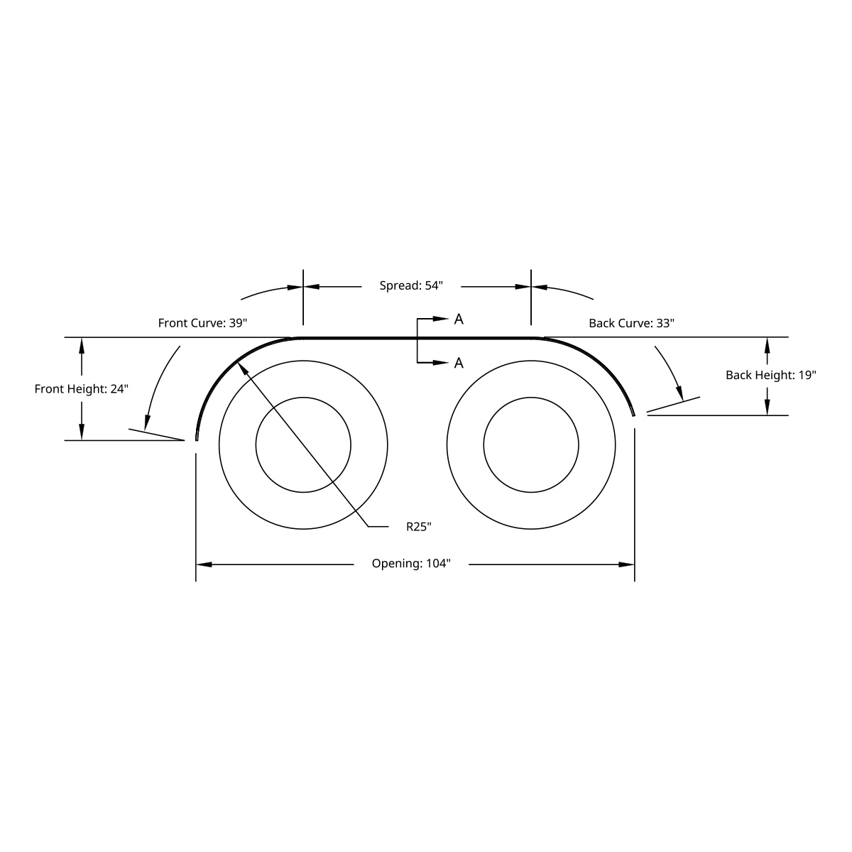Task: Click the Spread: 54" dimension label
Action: click(x=411, y=285)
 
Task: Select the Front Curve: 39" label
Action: click(x=202, y=323)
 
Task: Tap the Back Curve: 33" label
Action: click(x=631, y=323)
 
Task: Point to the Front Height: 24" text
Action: click(x=81, y=389)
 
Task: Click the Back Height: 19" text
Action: click(x=770, y=375)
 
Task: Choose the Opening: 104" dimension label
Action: click(x=411, y=564)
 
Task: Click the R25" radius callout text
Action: click(x=419, y=526)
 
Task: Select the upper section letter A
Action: click(x=459, y=319)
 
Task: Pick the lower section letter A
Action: click(x=459, y=364)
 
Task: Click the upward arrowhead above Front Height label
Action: click(x=82, y=345)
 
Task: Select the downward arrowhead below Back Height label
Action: click(x=768, y=407)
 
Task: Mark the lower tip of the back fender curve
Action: click(x=633, y=414)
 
